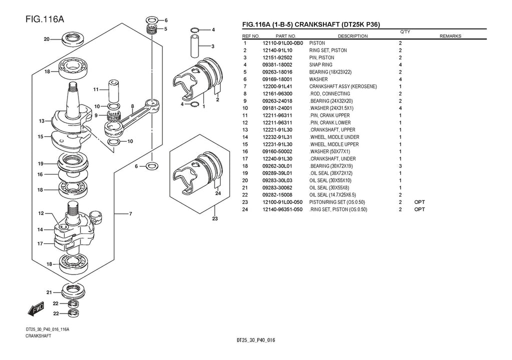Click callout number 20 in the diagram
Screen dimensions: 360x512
pyautogui.click(x=46, y=39)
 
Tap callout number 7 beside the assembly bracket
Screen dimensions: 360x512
pyautogui.click(x=130, y=214)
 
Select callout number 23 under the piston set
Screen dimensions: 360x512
pyautogui.click(x=215, y=218)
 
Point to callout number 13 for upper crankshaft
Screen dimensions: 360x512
pyautogui.click(x=41, y=121)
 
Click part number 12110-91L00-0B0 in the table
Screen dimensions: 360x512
pyautogui.click(x=282, y=43)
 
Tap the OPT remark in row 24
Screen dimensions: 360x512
pyautogui.click(x=419, y=209)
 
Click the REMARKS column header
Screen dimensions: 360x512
pyautogui.click(x=450, y=36)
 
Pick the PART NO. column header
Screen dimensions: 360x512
pyautogui.click(x=285, y=36)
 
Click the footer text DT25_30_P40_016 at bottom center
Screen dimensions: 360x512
pyautogui.click(x=255, y=340)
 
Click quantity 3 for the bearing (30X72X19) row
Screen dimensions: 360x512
pyautogui.click(x=400, y=166)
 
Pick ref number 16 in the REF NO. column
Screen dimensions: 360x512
pyautogui.click(x=245, y=151)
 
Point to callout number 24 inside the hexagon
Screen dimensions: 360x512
pyautogui.click(x=218, y=192)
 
